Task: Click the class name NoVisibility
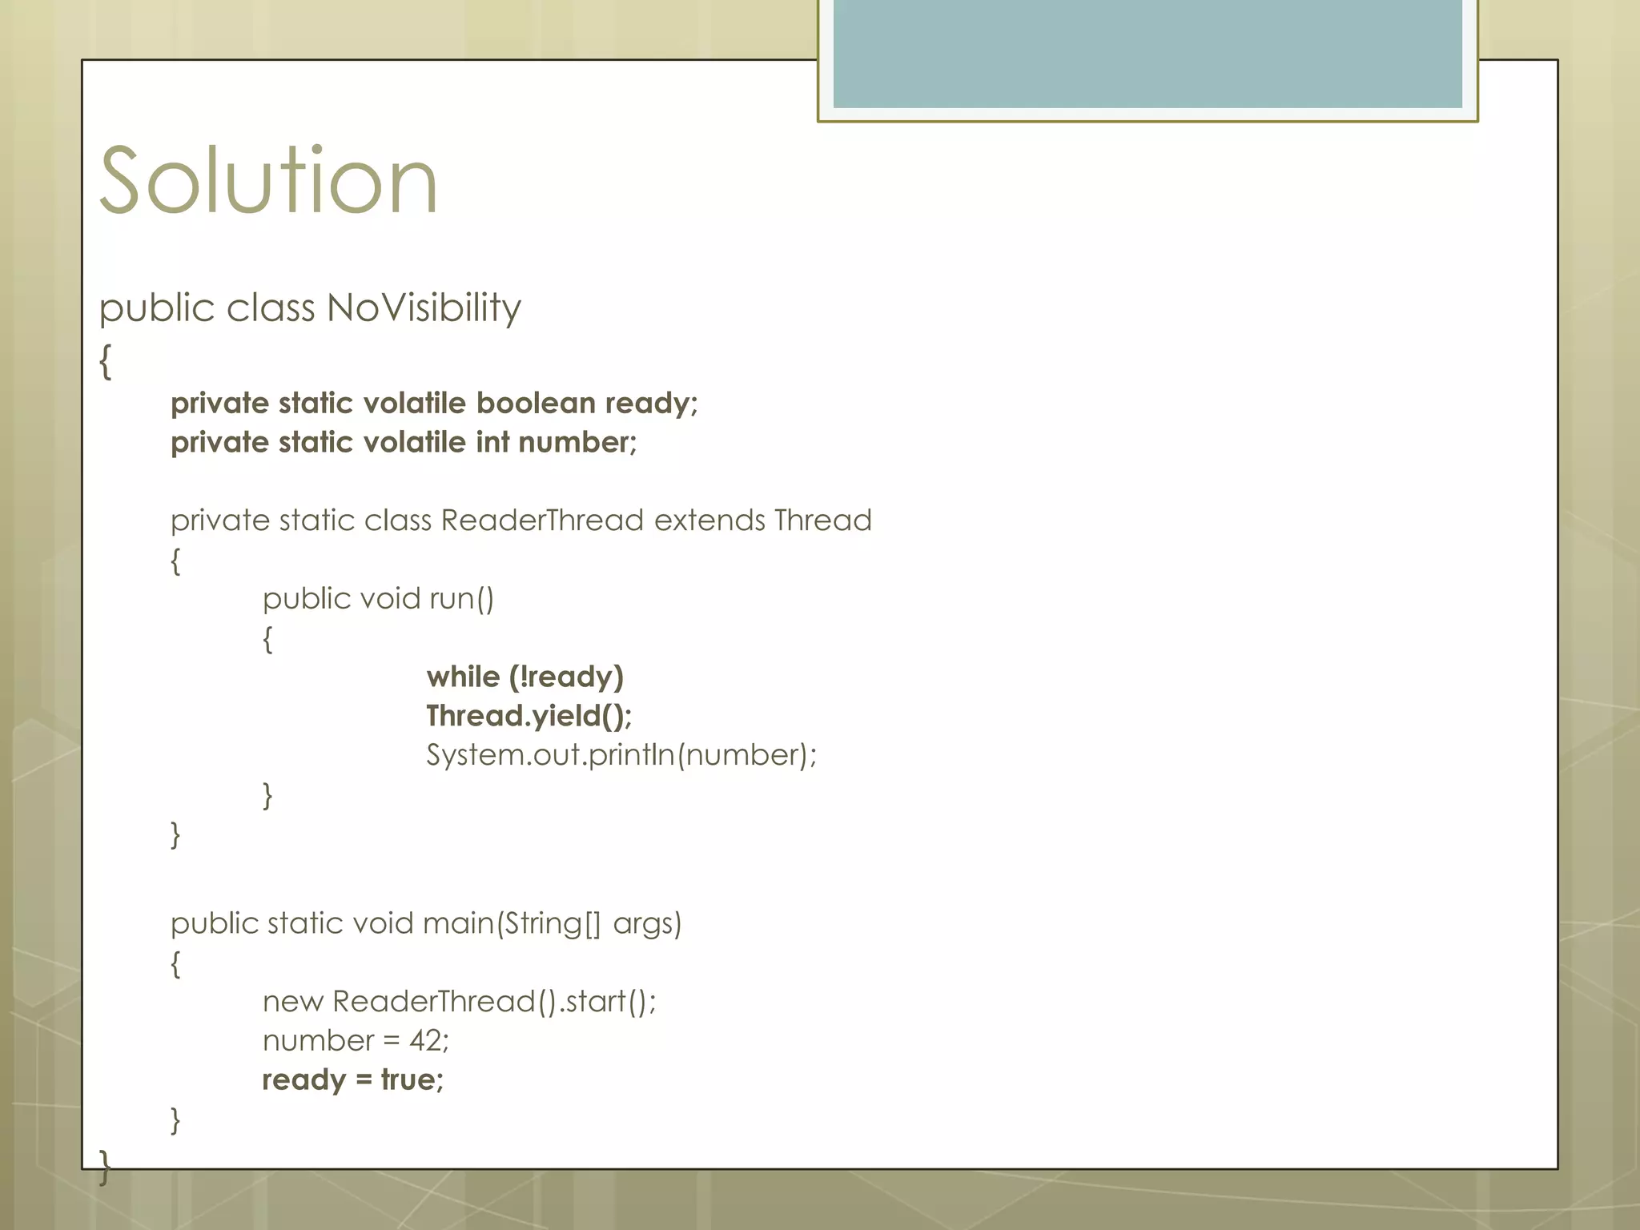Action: pos(424,308)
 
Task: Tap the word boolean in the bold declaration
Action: pos(536,403)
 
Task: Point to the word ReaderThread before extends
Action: pos(542,521)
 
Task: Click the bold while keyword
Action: pos(463,677)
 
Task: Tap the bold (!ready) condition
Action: pos(566,677)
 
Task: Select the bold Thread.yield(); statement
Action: pos(529,716)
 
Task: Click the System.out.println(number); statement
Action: pos(621,755)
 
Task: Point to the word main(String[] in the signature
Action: pos(511,923)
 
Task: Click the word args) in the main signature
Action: pos(647,923)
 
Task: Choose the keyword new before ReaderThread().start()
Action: pos(292,1002)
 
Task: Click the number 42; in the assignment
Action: pos(429,1041)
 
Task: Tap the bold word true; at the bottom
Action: pos(412,1080)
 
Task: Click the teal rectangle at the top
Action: pos(1147,53)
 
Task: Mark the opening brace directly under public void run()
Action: pos(267,639)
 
